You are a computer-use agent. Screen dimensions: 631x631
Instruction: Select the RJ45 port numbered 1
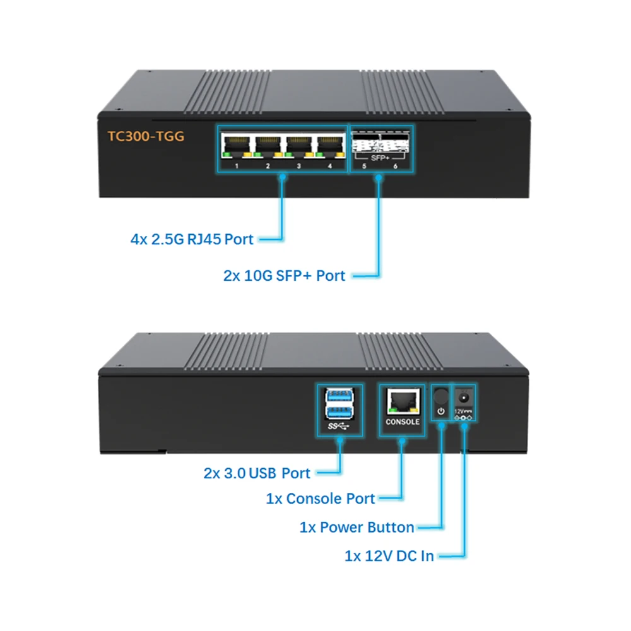click(x=236, y=144)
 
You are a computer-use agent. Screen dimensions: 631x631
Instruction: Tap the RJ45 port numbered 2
click(x=268, y=144)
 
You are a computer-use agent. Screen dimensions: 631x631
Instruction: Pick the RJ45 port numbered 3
click(x=298, y=144)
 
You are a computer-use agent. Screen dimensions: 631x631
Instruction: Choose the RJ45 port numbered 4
click(x=329, y=144)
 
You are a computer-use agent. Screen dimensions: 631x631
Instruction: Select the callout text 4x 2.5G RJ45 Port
click(x=192, y=239)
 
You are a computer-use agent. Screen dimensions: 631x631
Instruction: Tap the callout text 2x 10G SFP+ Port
click(x=285, y=276)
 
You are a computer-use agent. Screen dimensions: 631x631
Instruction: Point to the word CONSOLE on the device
click(x=403, y=422)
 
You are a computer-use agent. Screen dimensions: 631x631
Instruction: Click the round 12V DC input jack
click(x=464, y=397)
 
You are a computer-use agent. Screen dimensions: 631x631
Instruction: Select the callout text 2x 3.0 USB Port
click(x=257, y=473)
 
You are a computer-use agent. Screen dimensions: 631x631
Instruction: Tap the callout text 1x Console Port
click(x=321, y=498)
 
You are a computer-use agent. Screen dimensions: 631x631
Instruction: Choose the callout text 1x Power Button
click(x=357, y=527)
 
